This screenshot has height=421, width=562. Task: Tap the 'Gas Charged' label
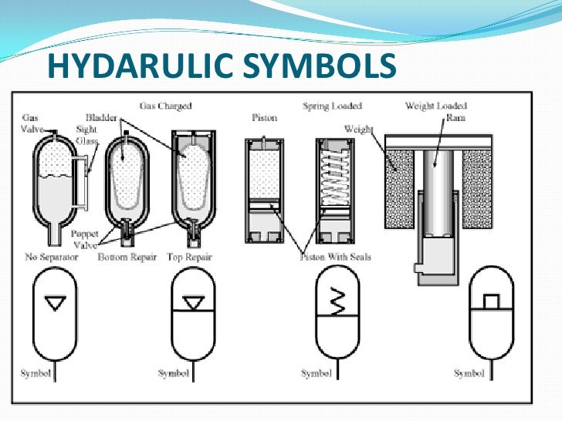click(165, 105)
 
